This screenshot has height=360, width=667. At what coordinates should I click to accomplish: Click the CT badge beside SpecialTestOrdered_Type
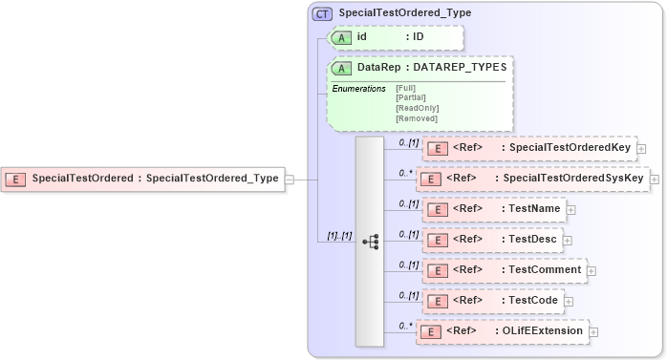(x=323, y=14)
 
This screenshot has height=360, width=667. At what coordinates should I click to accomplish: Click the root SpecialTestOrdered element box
(x=143, y=179)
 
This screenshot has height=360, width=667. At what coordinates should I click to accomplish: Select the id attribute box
(x=396, y=37)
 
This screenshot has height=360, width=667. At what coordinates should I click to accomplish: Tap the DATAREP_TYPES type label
(x=460, y=69)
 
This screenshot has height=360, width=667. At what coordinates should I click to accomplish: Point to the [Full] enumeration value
(x=405, y=88)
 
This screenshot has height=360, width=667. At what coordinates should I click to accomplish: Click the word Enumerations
(x=358, y=89)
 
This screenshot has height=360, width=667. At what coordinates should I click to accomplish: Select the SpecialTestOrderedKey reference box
(x=529, y=148)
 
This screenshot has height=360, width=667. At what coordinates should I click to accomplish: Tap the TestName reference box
(x=493, y=209)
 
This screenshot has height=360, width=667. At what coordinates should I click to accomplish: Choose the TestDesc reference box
(x=491, y=240)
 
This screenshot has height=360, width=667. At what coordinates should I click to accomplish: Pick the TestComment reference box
(x=505, y=270)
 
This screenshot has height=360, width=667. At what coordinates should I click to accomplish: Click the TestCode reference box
(x=492, y=301)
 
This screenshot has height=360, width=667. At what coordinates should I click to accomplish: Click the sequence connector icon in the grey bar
(x=370, y=242)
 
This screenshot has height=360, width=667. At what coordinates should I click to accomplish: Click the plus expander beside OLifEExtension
(x=594, y=332)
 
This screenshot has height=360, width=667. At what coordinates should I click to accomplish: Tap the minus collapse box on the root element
(x=289, y=179)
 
